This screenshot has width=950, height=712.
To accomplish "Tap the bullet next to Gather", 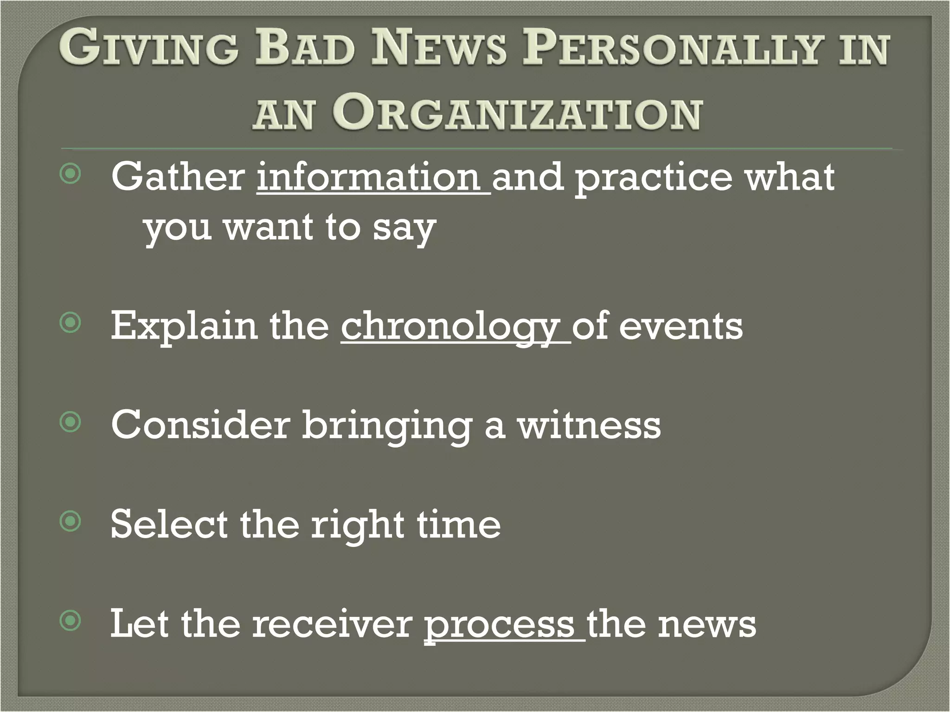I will pos(71,174).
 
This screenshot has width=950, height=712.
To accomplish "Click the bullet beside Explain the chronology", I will pos(71,323).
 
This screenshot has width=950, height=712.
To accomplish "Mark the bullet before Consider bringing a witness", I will pos(71,422).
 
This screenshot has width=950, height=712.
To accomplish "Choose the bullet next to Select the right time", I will pos(71,522).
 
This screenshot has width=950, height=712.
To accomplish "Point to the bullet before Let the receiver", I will pos(71,621).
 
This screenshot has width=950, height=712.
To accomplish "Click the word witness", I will pos(589,425).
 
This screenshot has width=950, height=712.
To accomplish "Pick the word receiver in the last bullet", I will pos(332,624).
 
